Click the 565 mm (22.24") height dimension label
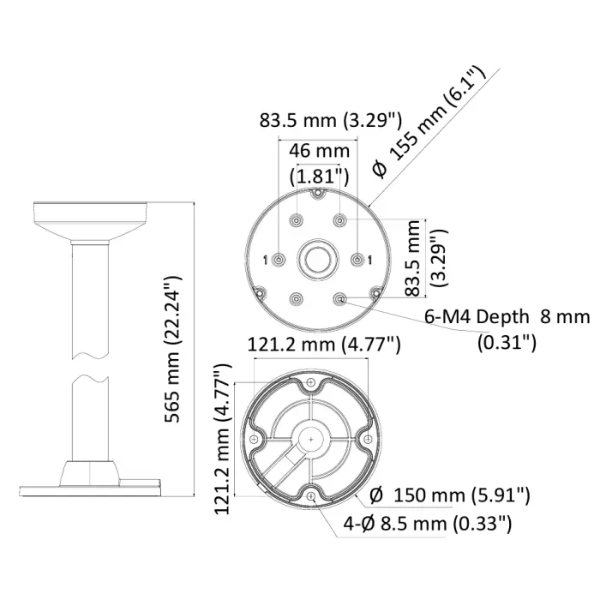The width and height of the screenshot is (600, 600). [171, 349]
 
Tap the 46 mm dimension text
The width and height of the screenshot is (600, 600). [319, 151]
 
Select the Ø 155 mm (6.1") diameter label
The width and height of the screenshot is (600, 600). [429, 123]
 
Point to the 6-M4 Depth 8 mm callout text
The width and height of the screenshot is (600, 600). [507, 317]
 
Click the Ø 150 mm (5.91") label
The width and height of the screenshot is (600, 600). [450, 495]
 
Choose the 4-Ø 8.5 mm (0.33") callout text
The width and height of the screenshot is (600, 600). [427, 523]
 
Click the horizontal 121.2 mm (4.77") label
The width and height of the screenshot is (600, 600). [324, 345]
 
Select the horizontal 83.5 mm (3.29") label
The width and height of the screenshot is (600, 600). [331, 120]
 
